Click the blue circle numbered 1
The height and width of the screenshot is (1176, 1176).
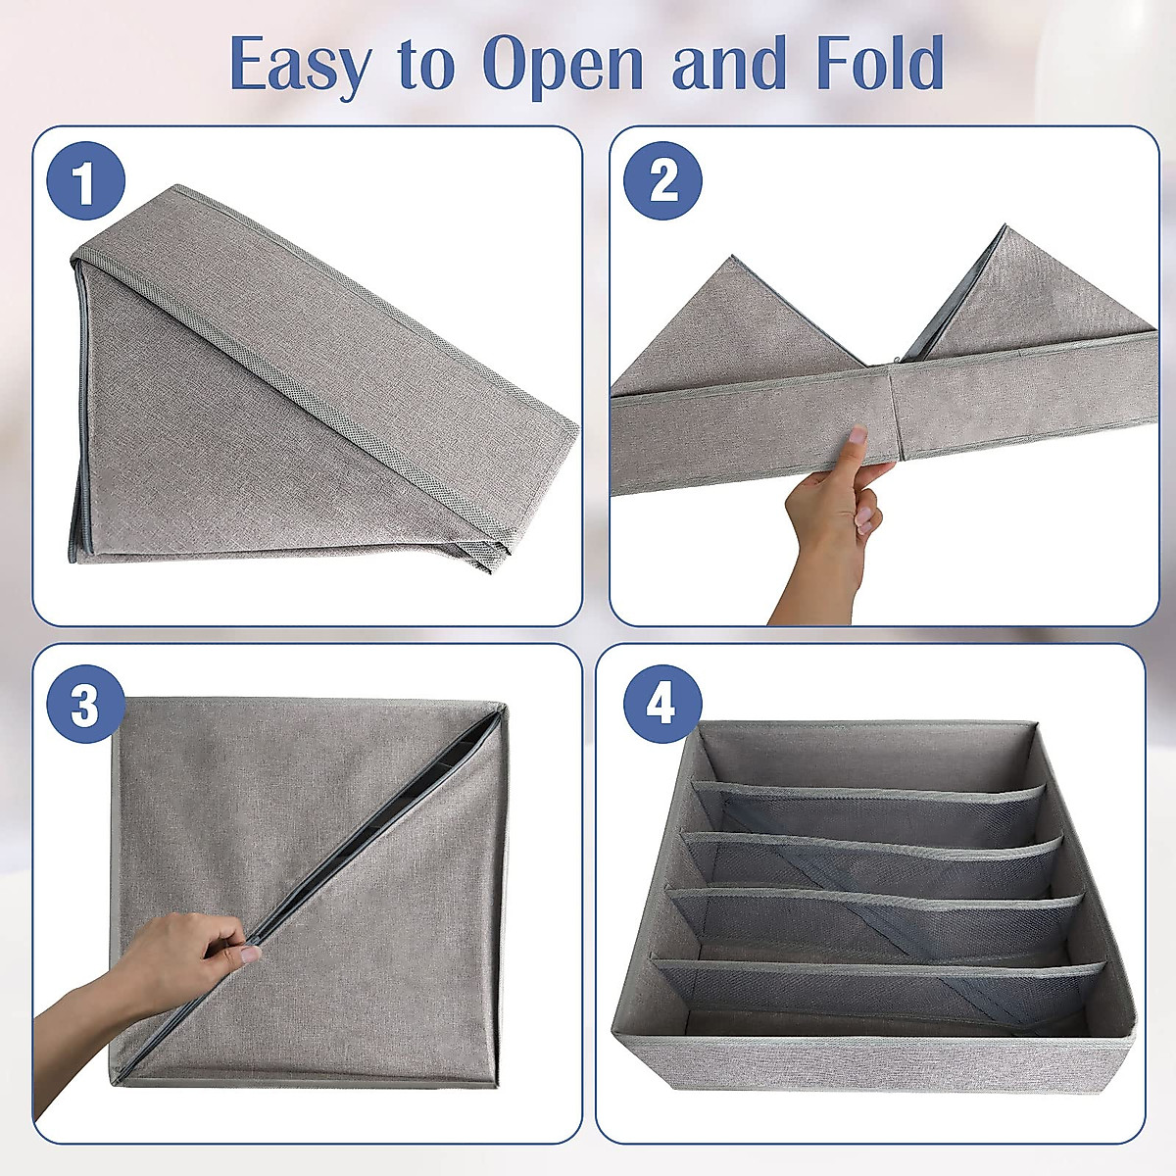(85, 181)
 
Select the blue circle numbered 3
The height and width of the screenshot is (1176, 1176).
(85, 704)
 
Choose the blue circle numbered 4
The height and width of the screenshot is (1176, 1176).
(661, 703)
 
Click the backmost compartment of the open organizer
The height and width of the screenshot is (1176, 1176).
(867, 755)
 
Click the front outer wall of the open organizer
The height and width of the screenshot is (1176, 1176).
(872, 1063)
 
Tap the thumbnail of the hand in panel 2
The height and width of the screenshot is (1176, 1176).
(858, 435)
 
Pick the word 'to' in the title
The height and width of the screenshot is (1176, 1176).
(428, 65)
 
